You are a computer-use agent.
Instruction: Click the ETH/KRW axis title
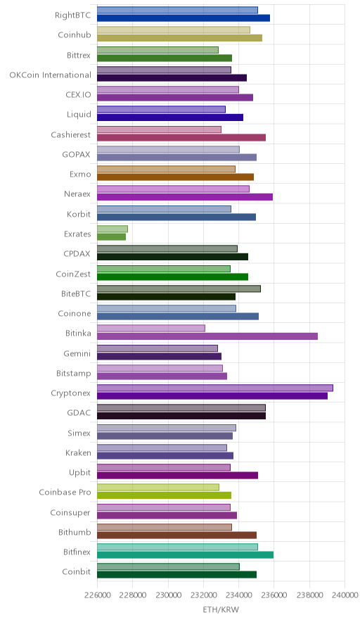click(x=221, y=610)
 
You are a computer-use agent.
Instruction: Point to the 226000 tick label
click(x=98, y=595)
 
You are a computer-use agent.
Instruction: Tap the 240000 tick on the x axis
click(x=345, y=595)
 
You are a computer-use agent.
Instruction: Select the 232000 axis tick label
click(x=203, y=595)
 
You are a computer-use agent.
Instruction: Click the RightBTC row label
click(x=73, y=15)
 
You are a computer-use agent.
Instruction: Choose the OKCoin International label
click(x=51, y=75)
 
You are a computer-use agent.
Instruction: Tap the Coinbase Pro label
click(x=65, y=493)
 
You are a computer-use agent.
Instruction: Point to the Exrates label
click(x=77, y=234)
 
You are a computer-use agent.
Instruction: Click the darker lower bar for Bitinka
click(x=207, y=336)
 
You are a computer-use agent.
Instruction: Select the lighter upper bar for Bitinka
click(x=151, y=329)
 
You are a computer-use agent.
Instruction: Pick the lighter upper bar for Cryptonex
click(x=215, y=388)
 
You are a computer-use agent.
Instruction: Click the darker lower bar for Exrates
click(x=111, y=237)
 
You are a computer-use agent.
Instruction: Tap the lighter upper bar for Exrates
click(x=112, y=229)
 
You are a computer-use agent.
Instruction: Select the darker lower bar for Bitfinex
click(x=185, y=555)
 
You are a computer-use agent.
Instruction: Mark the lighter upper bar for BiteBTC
click(x=179, y=288)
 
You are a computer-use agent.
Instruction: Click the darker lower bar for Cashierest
click(x=181, y=138)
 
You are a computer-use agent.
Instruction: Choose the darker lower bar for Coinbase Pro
click(x=164, y=495)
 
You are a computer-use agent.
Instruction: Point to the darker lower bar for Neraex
click(x=185, y=197)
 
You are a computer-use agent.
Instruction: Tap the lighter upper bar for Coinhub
click(x=174, y=30)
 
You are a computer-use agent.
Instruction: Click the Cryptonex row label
click(x=70, y=393)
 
